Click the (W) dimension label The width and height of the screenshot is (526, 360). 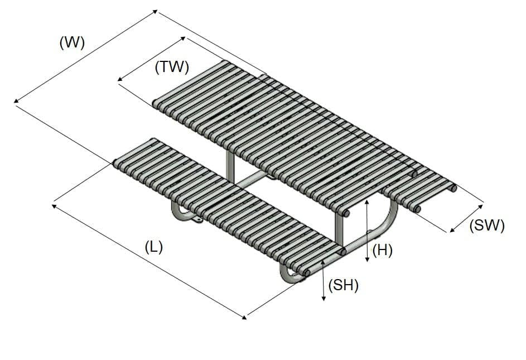[x=72, y=43]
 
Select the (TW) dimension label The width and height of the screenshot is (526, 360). [x=172, y=68]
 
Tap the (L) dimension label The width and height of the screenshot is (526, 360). [x=153, y=247]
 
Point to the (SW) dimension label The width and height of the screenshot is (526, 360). [x=487, y=225]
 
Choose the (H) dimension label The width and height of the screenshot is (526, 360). [x=382, y=251]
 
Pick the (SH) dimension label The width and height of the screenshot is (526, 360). [x=343, y=285]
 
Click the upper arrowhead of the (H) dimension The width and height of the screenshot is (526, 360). [x=366, y=202]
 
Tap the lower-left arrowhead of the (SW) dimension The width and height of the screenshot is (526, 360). [x=451, y=229]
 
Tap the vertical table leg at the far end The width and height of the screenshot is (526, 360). [x=230, y=162]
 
